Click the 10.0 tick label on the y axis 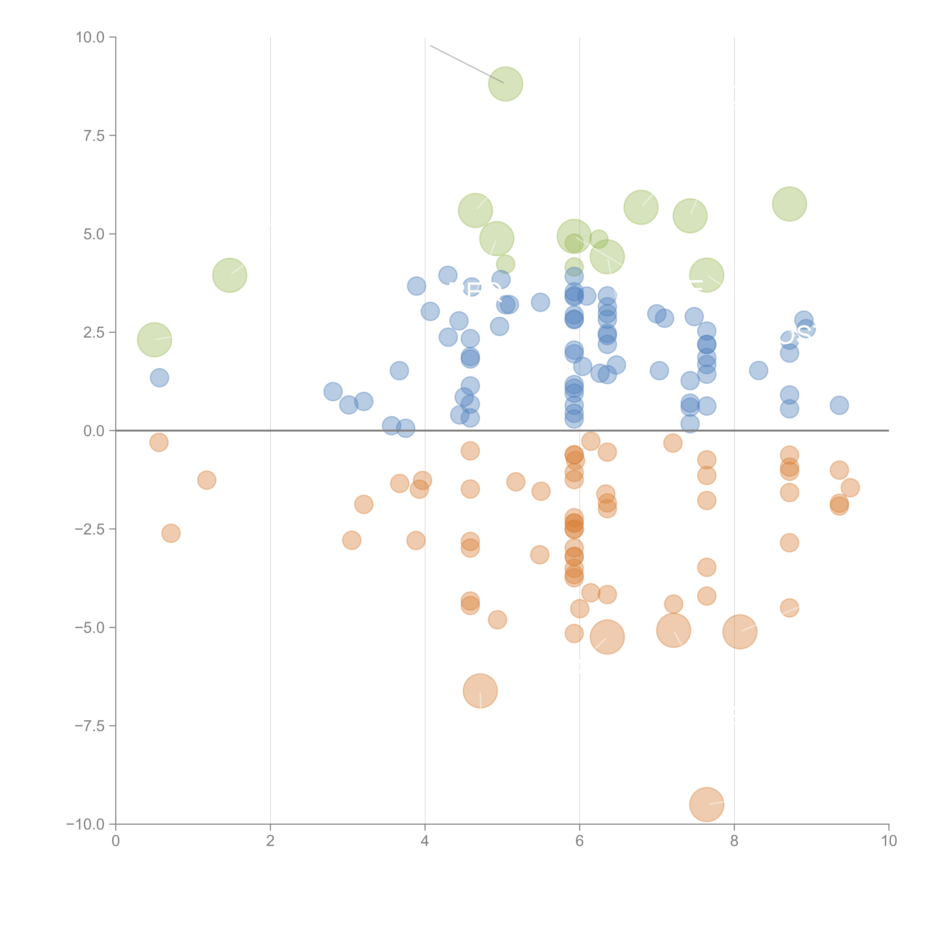90,37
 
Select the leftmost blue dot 159,378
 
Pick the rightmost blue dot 839,405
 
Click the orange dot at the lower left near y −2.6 171,533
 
